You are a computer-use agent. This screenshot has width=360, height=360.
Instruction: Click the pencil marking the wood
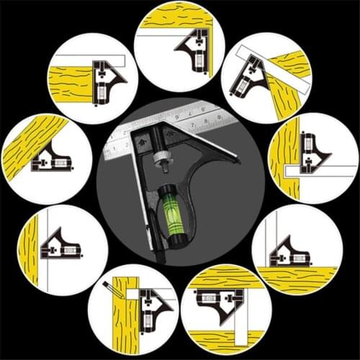click(x=110, y=289)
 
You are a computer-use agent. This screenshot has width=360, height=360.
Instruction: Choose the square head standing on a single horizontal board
click(x=288, y=252)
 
